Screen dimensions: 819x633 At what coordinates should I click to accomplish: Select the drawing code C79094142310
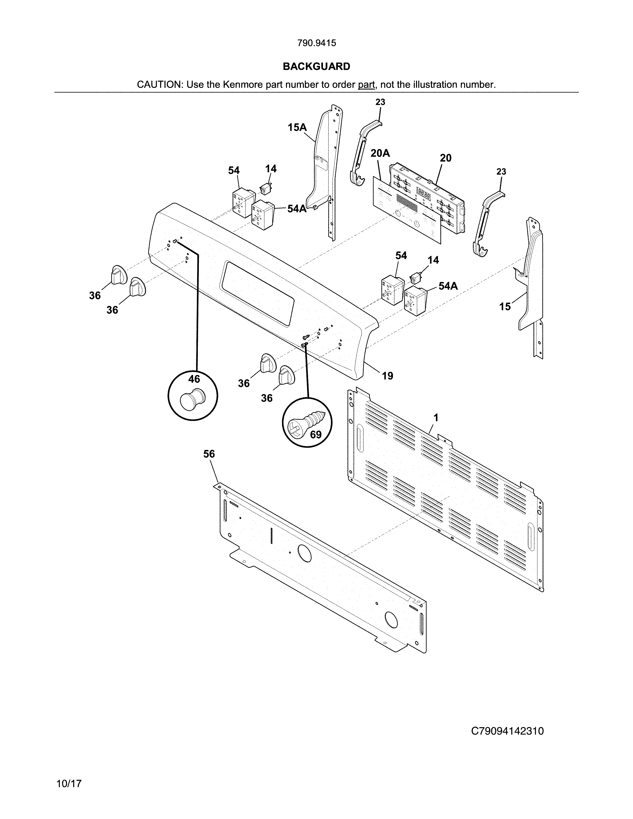coord(507,731)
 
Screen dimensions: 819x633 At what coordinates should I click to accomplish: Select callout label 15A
coord(297,128)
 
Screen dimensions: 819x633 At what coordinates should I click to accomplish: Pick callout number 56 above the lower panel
coord(209,454)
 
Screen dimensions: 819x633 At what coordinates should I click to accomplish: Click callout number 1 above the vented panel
coord(436,417)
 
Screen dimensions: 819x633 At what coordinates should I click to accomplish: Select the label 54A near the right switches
coord(448,286)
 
